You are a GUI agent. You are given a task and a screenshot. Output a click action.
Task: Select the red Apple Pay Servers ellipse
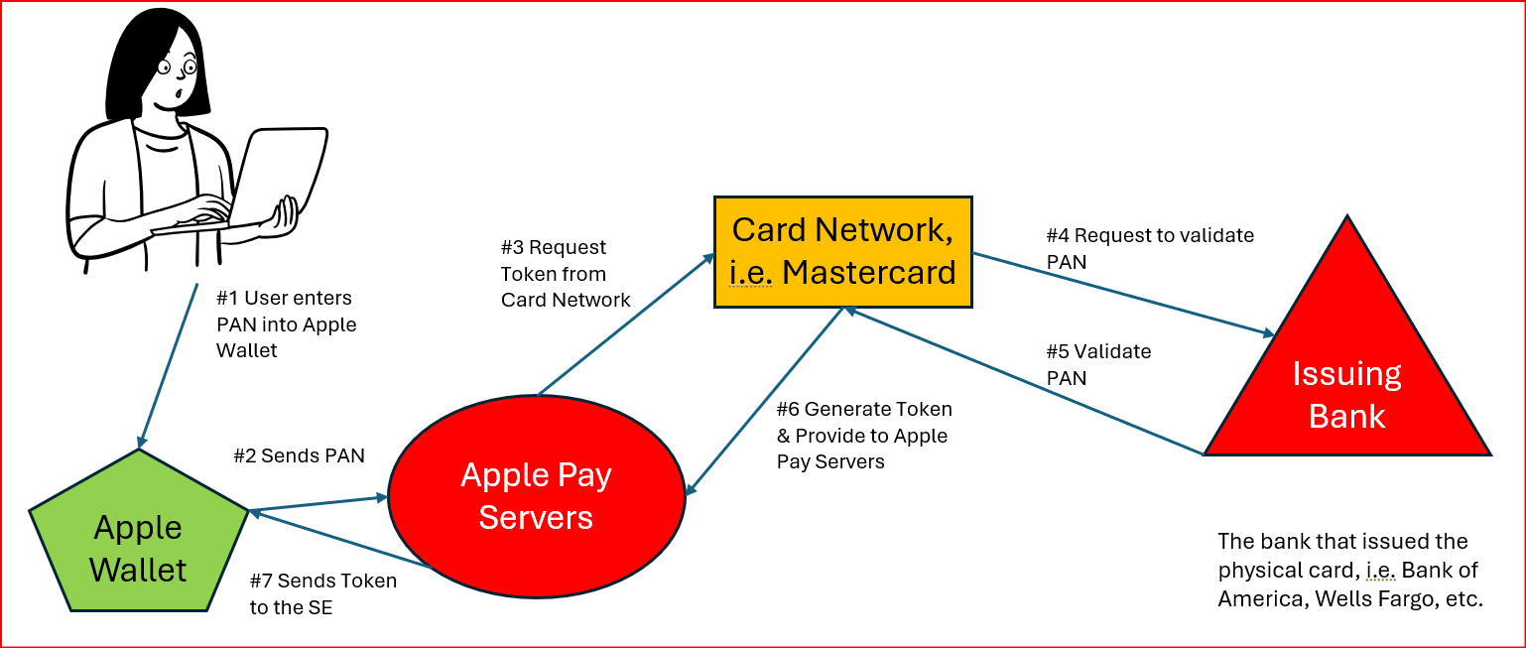pyautogui.click(x=535, y=495)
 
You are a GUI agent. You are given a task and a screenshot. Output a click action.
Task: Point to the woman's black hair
pyautogui.click(x=139, y=60)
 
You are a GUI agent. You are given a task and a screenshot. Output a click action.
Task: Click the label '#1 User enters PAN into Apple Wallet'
pyautogui.click(x=286, y=324)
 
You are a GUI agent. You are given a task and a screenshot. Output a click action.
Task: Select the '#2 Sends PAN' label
pyautogui.click(x=299, y=455)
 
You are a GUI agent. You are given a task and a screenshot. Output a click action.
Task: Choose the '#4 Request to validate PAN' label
pyautogui.click(x=1150, y=248)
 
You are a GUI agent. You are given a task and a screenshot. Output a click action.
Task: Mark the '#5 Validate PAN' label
pyautogui.click(x=1098, y=364)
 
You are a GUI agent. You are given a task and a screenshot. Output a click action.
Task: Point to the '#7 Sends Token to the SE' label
pyautogui.click(x=322, y=593)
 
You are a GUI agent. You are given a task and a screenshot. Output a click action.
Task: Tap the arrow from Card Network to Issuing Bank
pyautogui.click(x=1121, y=294)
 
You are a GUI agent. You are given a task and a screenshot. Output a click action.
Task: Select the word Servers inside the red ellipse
pyautogui.click(x=536, y=517)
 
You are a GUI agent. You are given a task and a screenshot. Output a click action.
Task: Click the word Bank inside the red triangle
pyautogui.click(x=1346, y=415)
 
